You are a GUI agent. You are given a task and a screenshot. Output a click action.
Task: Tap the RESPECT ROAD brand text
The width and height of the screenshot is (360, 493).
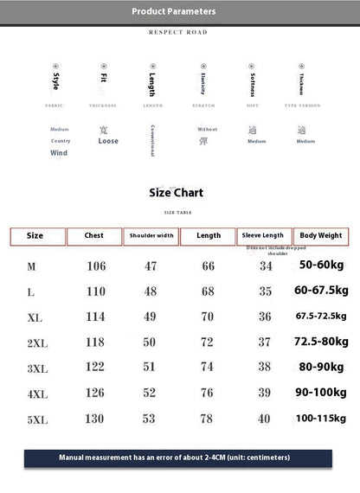tap(178, 32)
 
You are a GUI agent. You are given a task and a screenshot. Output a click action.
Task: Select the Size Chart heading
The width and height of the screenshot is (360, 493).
tap(177, 193)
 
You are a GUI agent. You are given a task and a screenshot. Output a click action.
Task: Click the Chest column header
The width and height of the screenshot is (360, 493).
tap(93, 235)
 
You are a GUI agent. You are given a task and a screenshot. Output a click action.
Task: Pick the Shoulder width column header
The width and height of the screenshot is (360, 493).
tap(151, 235)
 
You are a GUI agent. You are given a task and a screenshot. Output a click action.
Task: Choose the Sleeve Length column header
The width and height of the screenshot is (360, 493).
tap(264, 235)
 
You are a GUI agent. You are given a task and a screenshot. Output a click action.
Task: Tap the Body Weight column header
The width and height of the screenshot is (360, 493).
tap(321, 235)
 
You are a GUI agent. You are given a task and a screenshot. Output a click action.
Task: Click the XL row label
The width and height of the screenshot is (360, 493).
tap(35, 317)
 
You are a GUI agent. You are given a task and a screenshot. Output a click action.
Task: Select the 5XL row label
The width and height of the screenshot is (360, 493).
tap(36, 419)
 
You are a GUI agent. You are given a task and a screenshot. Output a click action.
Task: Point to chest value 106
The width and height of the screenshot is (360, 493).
tap(96, 266)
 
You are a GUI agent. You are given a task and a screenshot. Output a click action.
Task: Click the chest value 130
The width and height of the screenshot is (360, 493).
tap(96, 419)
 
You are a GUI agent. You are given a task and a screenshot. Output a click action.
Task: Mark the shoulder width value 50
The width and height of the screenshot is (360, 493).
tap(151, 343)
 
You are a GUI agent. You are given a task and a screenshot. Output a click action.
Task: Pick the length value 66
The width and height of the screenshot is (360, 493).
tap(209, 266)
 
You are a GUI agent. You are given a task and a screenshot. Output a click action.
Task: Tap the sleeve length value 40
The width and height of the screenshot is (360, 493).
tap(265, 419)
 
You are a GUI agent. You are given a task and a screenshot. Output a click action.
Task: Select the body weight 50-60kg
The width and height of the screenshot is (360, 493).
tap(321, 264)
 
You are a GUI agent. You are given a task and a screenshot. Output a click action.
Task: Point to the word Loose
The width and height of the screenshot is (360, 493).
tap(108, 141)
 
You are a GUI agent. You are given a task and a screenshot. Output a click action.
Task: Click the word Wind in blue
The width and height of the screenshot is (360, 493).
tap(59, 152)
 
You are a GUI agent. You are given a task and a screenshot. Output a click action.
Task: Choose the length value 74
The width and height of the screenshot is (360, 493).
tap(209, 367)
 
